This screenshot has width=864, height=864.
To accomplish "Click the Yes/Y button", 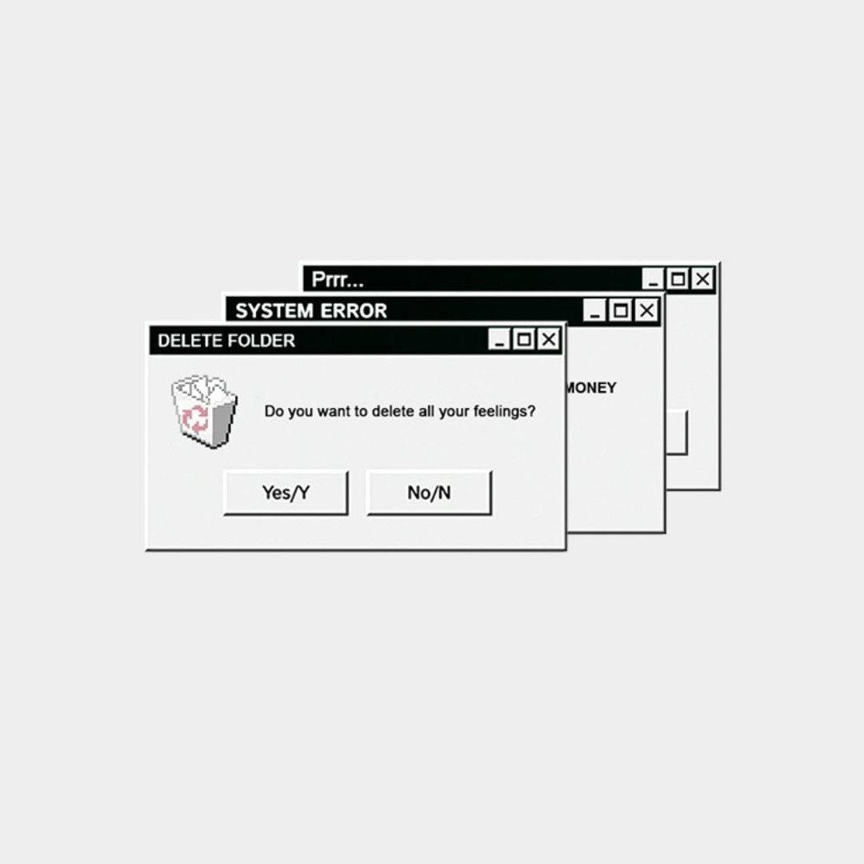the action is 286,493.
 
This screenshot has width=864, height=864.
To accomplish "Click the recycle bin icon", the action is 205,411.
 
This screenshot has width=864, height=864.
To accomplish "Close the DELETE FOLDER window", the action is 549,339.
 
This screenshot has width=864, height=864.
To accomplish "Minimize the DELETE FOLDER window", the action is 499,339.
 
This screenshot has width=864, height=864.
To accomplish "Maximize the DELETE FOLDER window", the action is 524,339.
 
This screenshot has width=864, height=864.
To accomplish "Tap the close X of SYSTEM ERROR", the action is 647,310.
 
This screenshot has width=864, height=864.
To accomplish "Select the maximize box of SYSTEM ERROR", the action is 621,310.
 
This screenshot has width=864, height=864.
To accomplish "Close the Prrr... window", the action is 703,279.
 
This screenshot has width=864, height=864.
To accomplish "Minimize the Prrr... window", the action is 654,279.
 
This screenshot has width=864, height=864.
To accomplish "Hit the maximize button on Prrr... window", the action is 678,279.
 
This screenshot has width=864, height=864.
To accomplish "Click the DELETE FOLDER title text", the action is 226,341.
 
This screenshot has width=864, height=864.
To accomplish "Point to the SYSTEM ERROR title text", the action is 311,310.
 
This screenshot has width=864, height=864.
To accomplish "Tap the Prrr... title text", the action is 338,279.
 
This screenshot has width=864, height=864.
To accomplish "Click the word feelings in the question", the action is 504,412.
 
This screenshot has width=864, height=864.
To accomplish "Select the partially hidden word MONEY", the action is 591,388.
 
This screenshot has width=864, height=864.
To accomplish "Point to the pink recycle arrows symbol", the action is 196,418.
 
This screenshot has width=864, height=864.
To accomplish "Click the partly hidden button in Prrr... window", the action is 677,433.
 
